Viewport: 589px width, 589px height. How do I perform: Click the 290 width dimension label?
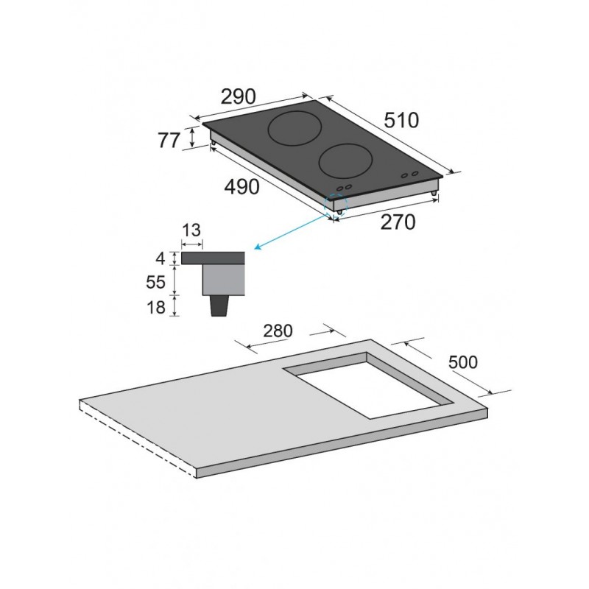[238, 96]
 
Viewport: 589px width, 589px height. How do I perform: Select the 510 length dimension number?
[401, 121]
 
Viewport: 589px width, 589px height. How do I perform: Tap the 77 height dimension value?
[169, 141]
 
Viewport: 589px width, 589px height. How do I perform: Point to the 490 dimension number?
[242, 187]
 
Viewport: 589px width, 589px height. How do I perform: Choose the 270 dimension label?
[398, 222]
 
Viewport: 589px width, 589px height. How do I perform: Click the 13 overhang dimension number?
[191, 230]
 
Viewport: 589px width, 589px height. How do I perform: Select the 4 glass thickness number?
[161, 258]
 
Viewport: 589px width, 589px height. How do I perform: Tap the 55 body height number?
[156, 282]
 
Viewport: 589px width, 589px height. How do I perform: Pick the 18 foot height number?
[156, 307]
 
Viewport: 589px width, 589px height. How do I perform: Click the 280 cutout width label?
[278, 331]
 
